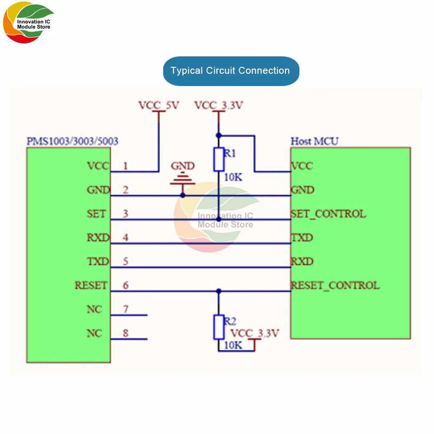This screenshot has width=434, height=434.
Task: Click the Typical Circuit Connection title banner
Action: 231,71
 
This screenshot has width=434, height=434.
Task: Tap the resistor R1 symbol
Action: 219,159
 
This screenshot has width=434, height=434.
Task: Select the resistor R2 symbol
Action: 219,327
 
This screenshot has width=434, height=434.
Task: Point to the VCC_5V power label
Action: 159,105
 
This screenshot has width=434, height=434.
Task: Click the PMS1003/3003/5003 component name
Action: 72,141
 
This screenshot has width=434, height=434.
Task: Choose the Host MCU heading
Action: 314,141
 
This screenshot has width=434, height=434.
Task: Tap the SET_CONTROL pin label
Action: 328,214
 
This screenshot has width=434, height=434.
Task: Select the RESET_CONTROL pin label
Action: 335,286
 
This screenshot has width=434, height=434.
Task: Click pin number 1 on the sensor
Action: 125,166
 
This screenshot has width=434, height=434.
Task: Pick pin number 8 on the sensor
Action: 126,333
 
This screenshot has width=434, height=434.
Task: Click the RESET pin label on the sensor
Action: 91,286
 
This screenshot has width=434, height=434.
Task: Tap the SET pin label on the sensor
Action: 96,214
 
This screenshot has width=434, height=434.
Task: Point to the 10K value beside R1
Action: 233,177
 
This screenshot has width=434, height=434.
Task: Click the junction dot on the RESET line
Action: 219,291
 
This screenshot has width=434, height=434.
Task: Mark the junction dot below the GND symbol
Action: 183,195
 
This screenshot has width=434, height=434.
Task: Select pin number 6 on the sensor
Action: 126,285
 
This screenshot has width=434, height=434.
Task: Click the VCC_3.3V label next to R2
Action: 255,333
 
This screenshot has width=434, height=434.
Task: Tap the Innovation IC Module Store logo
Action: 28,23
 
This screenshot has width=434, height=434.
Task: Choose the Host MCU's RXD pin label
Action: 302,261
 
